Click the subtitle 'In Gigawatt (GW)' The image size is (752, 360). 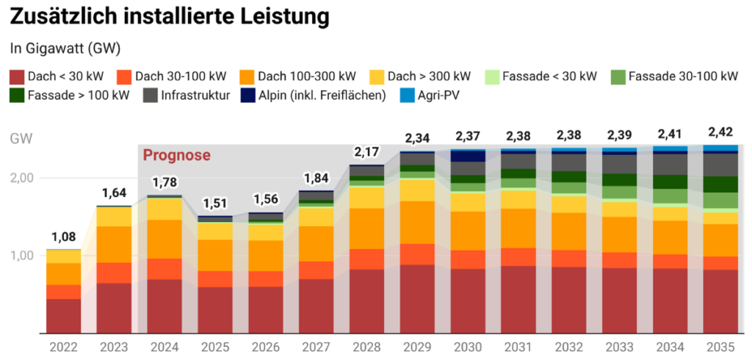point(65,48)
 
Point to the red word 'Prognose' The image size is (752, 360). point(176,155)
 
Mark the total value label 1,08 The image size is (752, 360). point(64,237)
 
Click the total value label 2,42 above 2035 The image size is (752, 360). point(720,132)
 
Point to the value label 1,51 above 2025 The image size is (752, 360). point(215,203)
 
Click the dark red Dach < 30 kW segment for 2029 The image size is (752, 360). point(417,298)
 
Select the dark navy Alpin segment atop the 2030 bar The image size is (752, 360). point(468,156)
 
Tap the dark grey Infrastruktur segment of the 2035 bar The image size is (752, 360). point(720,165)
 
